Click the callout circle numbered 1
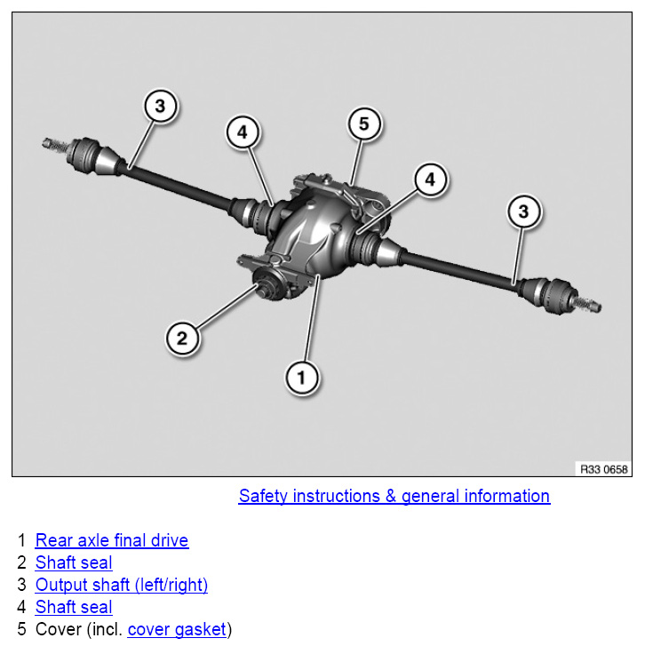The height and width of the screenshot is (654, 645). tap(301, 378)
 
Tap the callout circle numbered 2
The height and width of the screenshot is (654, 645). tap(182, 337)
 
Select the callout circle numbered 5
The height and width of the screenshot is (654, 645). tap(363, 124)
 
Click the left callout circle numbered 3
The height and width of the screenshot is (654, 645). tap(160, 107)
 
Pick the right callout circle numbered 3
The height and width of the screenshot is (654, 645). tap(524, 211)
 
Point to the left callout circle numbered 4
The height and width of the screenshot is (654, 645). tap(243, 132)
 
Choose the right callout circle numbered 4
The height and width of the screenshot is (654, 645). tap(430, 179)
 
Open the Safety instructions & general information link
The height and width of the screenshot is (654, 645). tap(394, 496)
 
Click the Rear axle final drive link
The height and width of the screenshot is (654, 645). tap(112, 540)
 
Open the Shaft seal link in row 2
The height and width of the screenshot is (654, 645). tap(74, 562)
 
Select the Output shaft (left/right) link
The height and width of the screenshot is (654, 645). tap(122, 585)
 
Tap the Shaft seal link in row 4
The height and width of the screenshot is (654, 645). tap(74, 608)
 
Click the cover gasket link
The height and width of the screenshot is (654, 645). tap(177, 630)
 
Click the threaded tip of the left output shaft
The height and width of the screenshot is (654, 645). tap(51, 141)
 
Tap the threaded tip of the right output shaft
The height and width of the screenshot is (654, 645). tap(594, 307)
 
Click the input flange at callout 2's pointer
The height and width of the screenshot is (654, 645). tap(265, 288)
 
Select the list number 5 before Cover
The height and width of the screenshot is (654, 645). tap(22, 630)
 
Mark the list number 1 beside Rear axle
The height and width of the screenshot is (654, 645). tap(22, 540)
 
